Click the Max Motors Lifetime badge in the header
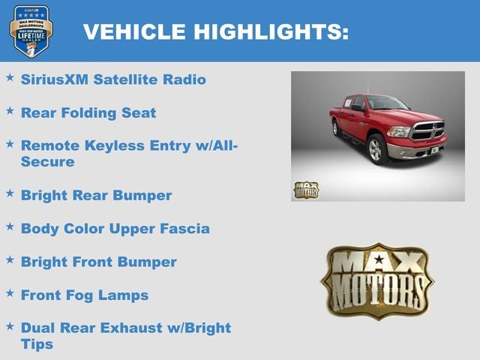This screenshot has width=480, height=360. point(31,31)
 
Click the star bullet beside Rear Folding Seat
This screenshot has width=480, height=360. point(10,111)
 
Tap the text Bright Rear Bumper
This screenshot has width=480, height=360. point(96,196)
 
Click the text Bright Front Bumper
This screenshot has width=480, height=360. point(98,262)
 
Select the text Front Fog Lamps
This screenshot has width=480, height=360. point(84,295)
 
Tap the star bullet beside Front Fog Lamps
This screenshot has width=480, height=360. point(10,293)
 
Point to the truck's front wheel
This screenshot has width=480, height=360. point(378,149)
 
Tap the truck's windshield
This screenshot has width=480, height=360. point(386,103)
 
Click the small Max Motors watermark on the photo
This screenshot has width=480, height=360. point(306,190)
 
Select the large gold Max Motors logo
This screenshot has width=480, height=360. point(377,280)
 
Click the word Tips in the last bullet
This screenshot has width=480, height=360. point(37,344)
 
